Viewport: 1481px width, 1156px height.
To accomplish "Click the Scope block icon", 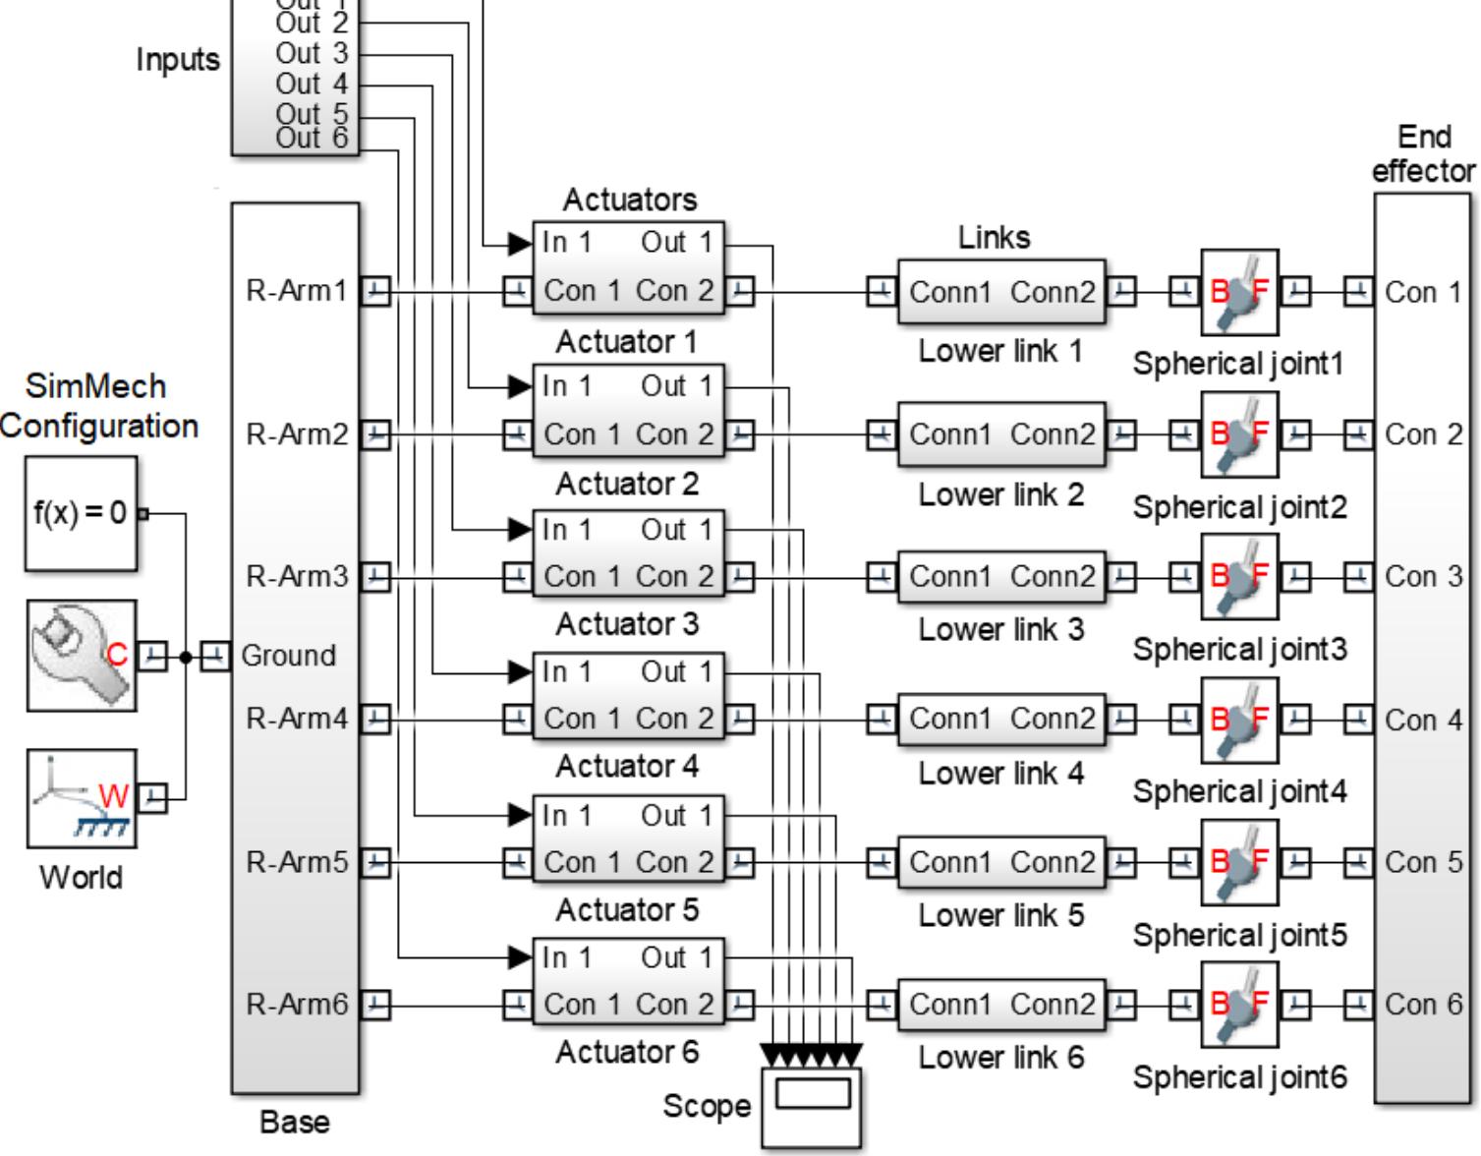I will click(x=813, y=1107).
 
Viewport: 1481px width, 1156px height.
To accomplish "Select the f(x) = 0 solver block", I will click(x=81, y=513).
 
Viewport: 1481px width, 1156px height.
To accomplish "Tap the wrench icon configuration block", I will click(x=81, y=655).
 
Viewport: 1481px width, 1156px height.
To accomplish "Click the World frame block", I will click(x=81, y=798).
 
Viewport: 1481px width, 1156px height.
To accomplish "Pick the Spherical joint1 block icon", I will click(x=1239, y=292).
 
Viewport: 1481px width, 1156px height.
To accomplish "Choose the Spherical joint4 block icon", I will click(x=1239, y=721).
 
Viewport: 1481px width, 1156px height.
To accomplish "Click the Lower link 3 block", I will click(x=1000, y=577).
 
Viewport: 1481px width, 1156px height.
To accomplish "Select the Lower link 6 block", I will click(x=1000, y=1005).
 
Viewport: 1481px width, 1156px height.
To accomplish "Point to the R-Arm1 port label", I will click(x=297, y=291).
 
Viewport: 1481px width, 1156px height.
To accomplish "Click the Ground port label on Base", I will click(x=288, y=656).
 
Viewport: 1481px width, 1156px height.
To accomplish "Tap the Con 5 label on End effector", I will click(x=1423, y=862).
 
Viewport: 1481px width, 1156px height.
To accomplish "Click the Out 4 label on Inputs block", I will click(x=312, y=85).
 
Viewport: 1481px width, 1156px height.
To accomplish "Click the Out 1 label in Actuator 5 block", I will click(x=676, y=816).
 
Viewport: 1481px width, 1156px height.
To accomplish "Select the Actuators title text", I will click(x=630, y=200).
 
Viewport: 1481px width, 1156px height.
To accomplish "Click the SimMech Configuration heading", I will click(x=97, y=406).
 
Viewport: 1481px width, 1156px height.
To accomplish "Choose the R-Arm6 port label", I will click(x=297, y=1005).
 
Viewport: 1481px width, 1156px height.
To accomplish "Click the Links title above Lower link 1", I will click(x=994, y=238).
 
